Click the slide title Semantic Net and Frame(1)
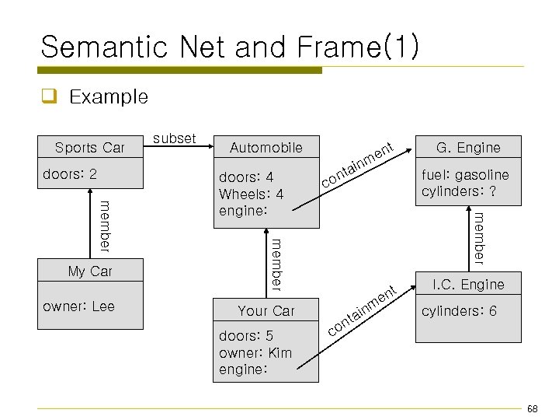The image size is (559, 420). (229, 47)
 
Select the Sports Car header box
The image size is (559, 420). (90, 148)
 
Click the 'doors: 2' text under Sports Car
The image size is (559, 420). (70, 173)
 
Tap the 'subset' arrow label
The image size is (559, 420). (175, 138)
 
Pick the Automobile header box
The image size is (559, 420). (266, 147)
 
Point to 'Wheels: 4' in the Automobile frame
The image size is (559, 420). (251, 194)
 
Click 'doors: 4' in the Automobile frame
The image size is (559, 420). (246, 177)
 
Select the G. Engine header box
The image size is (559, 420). (468, 147)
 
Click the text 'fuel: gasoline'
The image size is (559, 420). (465, 174)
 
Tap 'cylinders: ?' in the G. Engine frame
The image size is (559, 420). (459, 191)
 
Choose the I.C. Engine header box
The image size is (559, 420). (468, 285)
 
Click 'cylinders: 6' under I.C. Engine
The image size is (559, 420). (459, 311)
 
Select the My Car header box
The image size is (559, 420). (90, 271)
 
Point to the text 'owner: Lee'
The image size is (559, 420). (78, 306)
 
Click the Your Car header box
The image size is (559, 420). (266, 310)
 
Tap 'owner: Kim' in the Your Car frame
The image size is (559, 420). (255, 353)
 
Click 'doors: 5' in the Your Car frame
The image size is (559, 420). (246, 336)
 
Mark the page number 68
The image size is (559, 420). (532, 409)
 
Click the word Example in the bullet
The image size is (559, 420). (108, 97)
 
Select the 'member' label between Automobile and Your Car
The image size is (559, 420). (276, 265)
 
